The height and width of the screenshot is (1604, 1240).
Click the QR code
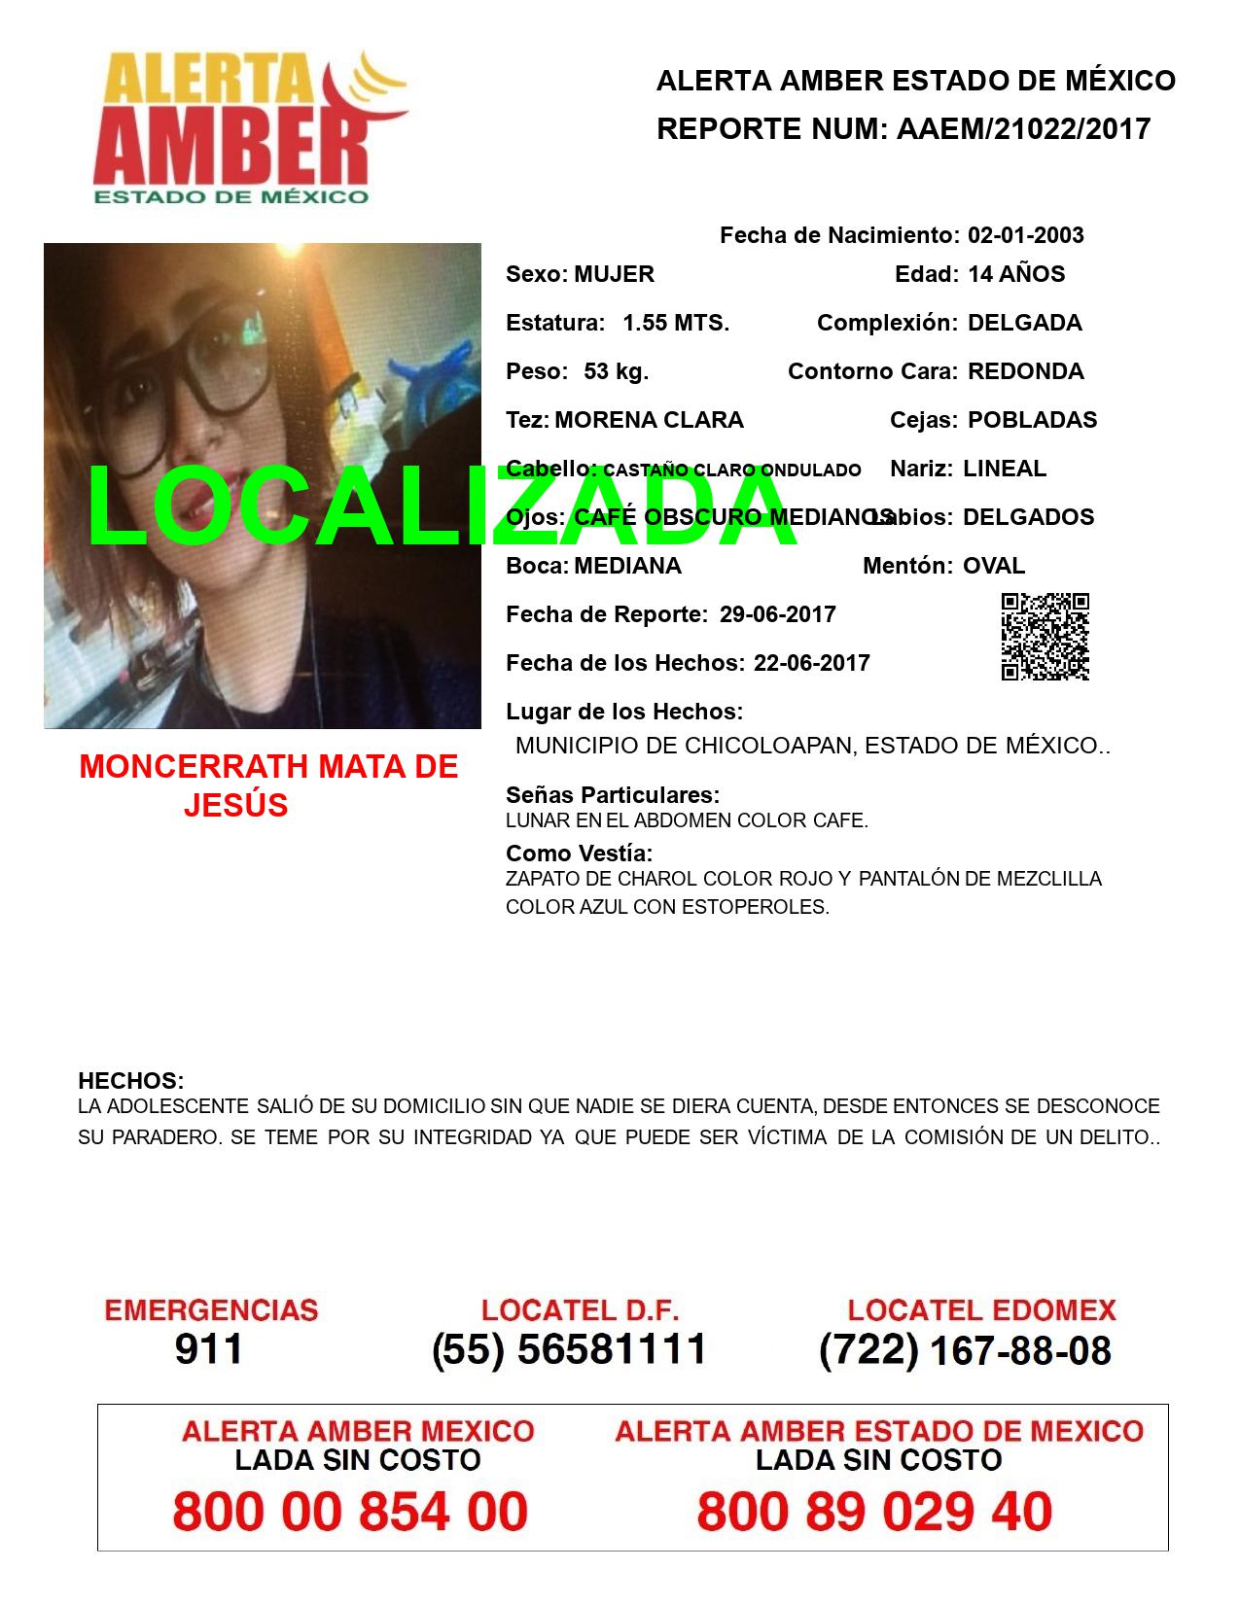pyautogui.click(x=1045, y=637)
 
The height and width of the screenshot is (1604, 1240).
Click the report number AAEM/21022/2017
pyautogui.click(x=1022, y=128)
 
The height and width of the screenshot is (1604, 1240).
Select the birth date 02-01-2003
pyautogui.click(x=1025, y=235)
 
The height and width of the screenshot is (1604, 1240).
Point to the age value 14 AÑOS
pyautogui.click(x=1016, y=274)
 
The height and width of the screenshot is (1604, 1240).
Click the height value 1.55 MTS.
pyautogui.click(x=676, y=323)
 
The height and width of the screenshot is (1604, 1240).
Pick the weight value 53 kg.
pyautogui.click(x=616, y=371)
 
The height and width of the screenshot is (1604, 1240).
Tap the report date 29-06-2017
pyautogui.click(x=777, y=614)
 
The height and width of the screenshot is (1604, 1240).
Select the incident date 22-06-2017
pyautogui.click(x=811, y=663)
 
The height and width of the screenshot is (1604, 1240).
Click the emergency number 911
pyautogui.click(x=208, y=1349)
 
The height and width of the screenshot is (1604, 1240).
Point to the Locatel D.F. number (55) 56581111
pyautogui.click(x=570, y=1349)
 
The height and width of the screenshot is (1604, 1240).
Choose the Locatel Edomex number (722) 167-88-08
pyautogui.click(x=965, y=1349)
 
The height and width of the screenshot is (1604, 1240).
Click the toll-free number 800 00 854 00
pyautogui.click(x=350, y=1512)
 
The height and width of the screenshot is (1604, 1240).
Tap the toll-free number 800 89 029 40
pyautogui.click(x=874, y=1512)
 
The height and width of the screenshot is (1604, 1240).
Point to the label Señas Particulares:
pyautogui.click(x=613, y=795)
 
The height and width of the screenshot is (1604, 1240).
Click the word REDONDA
pyautogui.click(x=1025, y=371)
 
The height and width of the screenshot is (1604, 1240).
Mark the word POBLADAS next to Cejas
pyautogui.click(x=1032, y=420)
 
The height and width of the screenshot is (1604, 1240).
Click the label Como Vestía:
pyautogui.click(x=579, y=854)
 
